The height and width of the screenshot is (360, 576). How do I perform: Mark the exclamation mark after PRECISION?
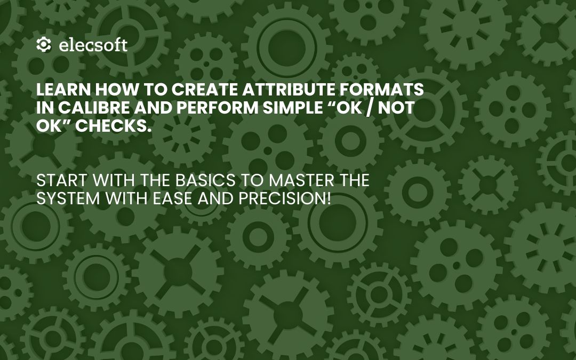point(329,199)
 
